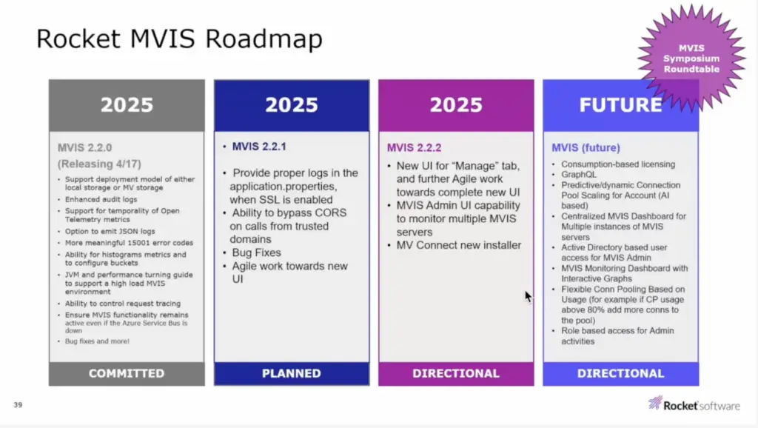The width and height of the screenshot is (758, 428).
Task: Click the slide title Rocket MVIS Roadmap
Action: (179, 39)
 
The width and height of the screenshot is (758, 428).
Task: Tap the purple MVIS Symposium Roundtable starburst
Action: (691, 58)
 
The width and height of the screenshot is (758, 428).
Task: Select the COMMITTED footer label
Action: (127, 373)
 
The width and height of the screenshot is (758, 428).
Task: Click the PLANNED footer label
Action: (292, 373)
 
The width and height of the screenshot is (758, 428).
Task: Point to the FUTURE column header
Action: (621, 105)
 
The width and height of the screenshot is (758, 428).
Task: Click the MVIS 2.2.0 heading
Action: (84, 147)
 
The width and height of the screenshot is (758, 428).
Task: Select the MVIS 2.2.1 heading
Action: (259, 147)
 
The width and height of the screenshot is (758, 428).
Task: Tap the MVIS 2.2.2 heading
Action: (414, 147)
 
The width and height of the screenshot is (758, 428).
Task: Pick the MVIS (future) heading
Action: (586, 147)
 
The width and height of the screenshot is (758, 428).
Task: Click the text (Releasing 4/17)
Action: (100, 164)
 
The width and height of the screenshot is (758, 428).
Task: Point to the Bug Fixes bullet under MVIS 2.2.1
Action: (256, 253)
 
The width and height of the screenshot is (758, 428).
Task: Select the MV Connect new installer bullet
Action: (459, 245)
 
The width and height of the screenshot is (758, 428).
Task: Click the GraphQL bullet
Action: (579, 175)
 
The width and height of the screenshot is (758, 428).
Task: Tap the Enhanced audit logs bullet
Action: (101, 199)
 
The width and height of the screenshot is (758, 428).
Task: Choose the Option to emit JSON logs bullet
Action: (110, 231)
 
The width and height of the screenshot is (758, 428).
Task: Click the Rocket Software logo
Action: (694, 404)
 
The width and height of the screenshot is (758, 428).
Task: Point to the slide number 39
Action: (18, 405)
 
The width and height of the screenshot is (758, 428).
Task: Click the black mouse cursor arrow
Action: (529, 296)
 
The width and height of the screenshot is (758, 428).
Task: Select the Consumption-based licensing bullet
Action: (618, 164)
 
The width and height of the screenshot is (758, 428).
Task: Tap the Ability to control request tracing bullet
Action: (123, 303)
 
